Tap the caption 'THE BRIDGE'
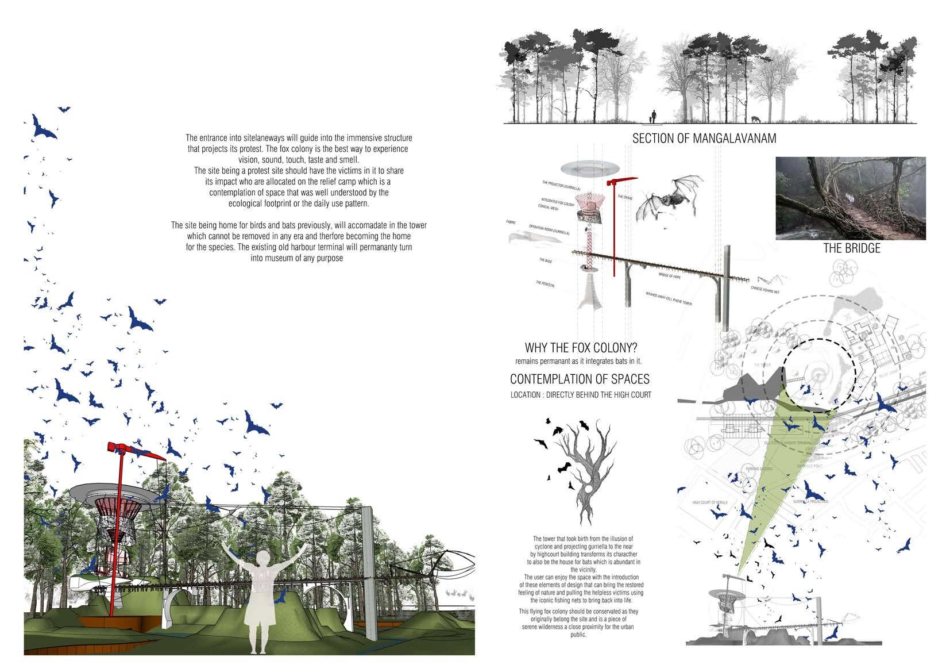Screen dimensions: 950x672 (x=852, y=248)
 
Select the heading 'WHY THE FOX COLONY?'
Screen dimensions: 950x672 (x=581, y=348)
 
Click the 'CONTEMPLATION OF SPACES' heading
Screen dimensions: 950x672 (x=580, y=379)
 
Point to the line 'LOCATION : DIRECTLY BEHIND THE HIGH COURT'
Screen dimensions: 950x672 (x=581, y=395)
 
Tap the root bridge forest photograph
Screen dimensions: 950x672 (x=851, y=198)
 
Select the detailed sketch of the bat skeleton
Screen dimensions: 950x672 (x=670, y=198)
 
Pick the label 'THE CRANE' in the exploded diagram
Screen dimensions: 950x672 (x=625, y=198)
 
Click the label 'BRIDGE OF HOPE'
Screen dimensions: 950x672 (x=669, y=277)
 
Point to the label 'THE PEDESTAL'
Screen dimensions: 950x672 (x=545, y=284)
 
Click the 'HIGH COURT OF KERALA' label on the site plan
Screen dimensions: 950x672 (x=710, y=502)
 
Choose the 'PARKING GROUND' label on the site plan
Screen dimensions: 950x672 (x=758, y=469)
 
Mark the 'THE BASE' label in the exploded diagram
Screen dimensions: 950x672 (x=546, y=260)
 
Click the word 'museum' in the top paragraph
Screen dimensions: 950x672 (x=273, y=258)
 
